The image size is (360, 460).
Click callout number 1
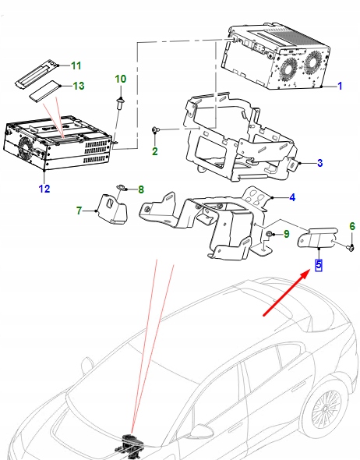point(340,87)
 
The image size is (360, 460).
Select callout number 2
point(154,150)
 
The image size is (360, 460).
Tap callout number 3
point(319,164)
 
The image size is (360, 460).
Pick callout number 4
point(292,198)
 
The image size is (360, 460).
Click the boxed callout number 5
point(318,264)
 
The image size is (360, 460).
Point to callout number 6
point(351,227)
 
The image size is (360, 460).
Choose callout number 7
point(79,211)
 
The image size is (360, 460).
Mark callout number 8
point(141,189)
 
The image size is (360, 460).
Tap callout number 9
point(286,234)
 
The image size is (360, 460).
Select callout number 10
point(120,79)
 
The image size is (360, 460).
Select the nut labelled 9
point(268,234)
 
